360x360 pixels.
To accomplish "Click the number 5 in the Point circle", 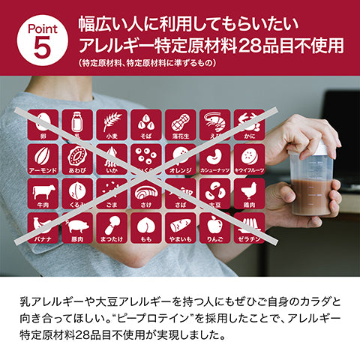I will coord(43,46).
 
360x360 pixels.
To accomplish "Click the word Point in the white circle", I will coord(43,27).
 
